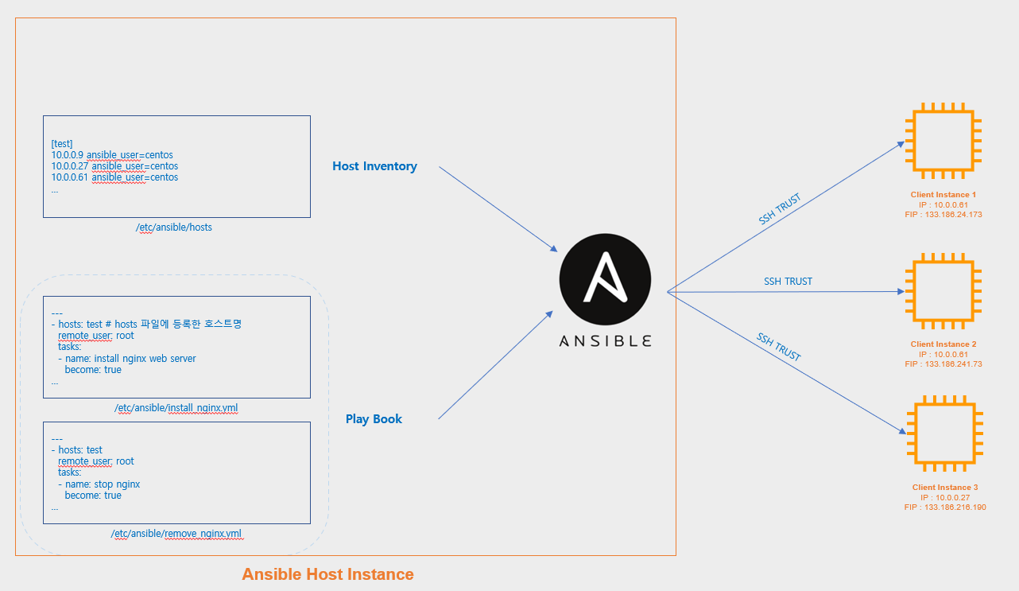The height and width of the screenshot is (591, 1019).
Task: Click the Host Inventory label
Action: (x=374, y=166)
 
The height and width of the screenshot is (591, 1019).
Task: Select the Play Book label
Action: (x=374, y=419)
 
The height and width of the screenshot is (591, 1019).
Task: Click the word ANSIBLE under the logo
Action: (x=605, y=340)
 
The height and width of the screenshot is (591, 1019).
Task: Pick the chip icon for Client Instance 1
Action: (x=943, y=142)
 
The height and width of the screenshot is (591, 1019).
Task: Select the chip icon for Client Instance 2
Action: (x=943, y=291)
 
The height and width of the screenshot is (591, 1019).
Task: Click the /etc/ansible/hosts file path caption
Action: (x=174, y=227)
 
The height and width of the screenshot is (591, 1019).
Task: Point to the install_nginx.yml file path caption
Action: (x=176, y=408)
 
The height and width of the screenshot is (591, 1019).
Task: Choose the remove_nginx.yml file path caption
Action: (x=176, y=534)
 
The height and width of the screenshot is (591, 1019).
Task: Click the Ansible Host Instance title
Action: (x=327, y=574)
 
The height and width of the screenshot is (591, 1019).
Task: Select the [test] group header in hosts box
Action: (x=62, y=143)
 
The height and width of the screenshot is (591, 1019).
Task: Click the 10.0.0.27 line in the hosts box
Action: (x=114, y=166)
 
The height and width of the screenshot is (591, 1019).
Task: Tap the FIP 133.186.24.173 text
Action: (x=943, y=214)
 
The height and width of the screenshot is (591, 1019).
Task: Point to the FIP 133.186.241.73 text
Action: (x=943, y=364)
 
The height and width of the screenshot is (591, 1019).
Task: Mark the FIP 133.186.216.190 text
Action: (x=945, y=507)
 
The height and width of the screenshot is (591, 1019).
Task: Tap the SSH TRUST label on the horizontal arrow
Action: (x=788, y=282)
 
